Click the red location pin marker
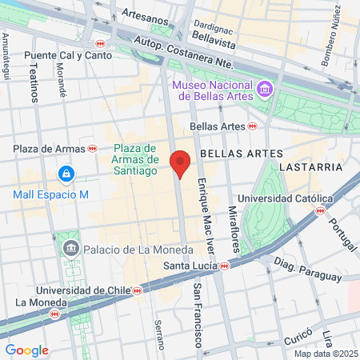coord(181,163)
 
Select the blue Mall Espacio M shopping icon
coord(66,174)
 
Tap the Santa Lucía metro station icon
coord(225,266)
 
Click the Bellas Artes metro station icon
coord(253,126)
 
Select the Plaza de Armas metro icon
coord(93,148)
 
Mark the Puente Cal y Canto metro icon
coord(100,43)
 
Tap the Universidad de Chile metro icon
coord(138,290)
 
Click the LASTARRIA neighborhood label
coord(311,167)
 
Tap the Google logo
coord(26,350)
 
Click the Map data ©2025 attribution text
coord(324,354)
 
